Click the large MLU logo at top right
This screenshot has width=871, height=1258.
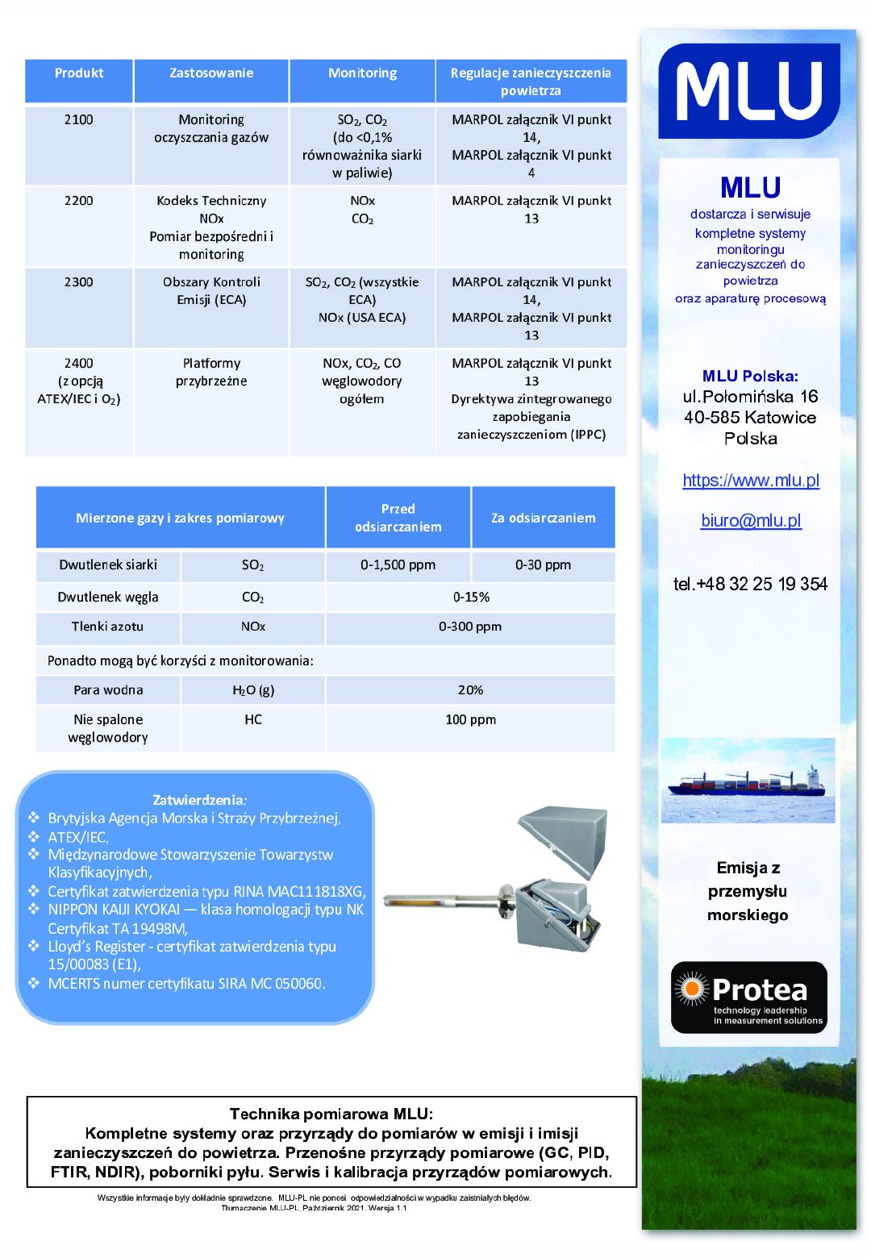(x=749, y=91)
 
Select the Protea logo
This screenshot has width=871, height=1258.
(x=748, y=997)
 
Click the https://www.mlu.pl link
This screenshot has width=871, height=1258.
(x=750, y=481)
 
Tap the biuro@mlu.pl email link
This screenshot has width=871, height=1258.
(x=751, y=521)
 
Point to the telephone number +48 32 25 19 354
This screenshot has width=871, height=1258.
(x=750, y=584)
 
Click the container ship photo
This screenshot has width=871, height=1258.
(x=748, y=781)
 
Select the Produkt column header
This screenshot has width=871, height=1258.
(x=79, y=73)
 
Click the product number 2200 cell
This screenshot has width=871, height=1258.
(x=79, y=201)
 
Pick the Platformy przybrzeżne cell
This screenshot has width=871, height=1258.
(x=211, y=373)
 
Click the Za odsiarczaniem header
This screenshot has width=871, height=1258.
(x=543, y=518)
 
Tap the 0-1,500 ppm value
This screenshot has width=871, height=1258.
(x=398, y=565)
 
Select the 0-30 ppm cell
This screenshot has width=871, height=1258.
(x=543, y=565)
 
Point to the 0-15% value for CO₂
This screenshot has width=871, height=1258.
(x=471, y=598)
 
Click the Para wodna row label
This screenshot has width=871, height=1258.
(x=108, y=690)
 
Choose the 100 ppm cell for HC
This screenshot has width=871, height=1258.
(x=471, y=719)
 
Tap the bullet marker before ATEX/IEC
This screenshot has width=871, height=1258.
(x=34, y=837)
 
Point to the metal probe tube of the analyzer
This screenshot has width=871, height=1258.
(x=440, y=898)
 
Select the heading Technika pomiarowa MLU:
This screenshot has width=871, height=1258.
(x=331, y=1114)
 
